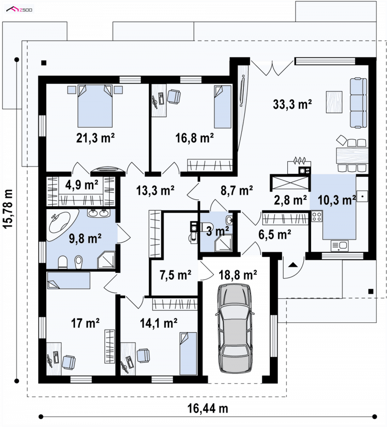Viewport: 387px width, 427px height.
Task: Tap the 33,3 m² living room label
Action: tap(292, 104)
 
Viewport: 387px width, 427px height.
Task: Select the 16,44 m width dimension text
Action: tap(208, 408)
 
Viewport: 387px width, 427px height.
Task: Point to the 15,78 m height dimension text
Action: tap(8, 209)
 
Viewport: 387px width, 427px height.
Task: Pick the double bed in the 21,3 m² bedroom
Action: tap(95, 106)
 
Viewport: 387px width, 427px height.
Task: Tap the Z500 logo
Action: tap(19, 10)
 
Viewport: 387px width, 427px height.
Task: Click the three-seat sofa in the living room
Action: tap(358, 103)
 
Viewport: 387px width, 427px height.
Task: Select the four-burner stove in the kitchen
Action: tap(317, 216)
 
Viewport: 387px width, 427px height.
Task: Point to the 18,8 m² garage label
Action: tap(238, 275)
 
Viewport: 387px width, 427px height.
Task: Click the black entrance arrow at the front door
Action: tap(293, 264)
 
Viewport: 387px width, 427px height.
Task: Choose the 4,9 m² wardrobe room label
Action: tap(82, 185)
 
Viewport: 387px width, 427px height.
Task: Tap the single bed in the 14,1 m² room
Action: tap(188, 353)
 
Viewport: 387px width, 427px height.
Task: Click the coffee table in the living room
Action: tap(334, 102)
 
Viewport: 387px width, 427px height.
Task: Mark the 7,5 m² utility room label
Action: tap(175, 275)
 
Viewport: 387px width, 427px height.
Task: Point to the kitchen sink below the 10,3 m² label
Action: tap(340, 245)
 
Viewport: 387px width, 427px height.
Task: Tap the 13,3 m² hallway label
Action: tap(155, 190)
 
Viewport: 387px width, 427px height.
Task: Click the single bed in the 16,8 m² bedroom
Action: tap(223, 107)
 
